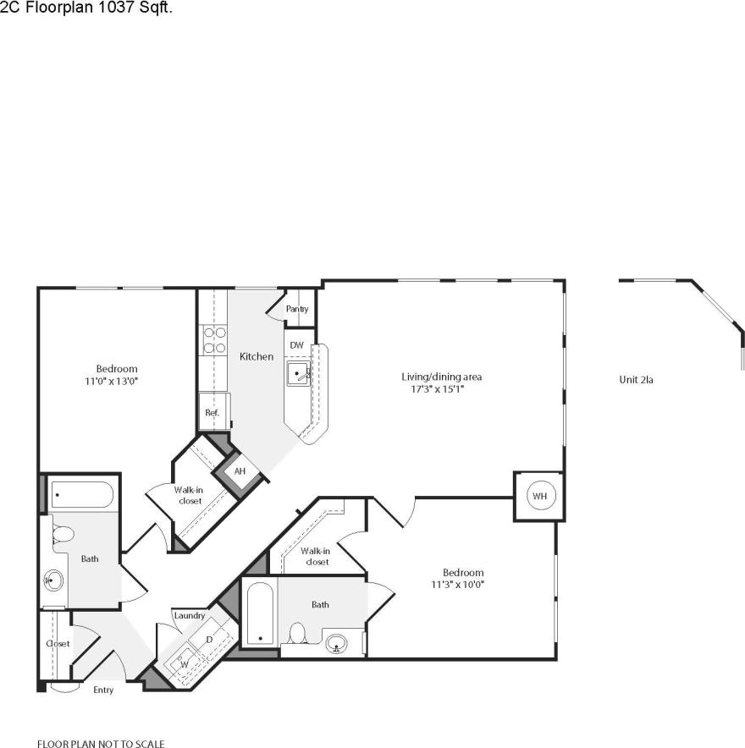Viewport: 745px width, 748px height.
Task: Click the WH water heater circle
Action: coord(538,496)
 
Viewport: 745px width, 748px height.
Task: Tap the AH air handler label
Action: coord(240,471)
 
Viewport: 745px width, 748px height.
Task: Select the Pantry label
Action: coord(296,310)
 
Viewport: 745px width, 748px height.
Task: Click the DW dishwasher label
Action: coord(296,345)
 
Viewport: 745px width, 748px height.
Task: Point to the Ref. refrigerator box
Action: coord(212,412)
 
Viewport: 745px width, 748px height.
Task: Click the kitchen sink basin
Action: coord(299,372)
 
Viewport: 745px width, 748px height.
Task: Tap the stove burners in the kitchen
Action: coord(214,339)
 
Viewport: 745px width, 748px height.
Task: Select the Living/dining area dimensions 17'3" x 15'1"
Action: coord(433,390)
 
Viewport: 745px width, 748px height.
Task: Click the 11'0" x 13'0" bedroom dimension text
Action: coord(116,382)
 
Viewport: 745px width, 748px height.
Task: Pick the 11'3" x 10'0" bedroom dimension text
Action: coord(457,585)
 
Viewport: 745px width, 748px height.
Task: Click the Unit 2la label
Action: coord(636,380)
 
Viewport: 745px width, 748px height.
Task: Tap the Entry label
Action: coord(103,690)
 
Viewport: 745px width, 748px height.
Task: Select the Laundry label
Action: coord(189,616)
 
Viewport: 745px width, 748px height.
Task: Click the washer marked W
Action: coord(184,664)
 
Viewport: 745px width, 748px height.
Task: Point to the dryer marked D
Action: coord(208,640)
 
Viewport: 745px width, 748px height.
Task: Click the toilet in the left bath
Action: coord(63,535)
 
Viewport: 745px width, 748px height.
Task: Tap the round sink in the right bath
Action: coord(338,645)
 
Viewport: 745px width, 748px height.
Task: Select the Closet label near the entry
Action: coord(58,644)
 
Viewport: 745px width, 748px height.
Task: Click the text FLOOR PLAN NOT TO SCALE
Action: coord(101,745)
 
